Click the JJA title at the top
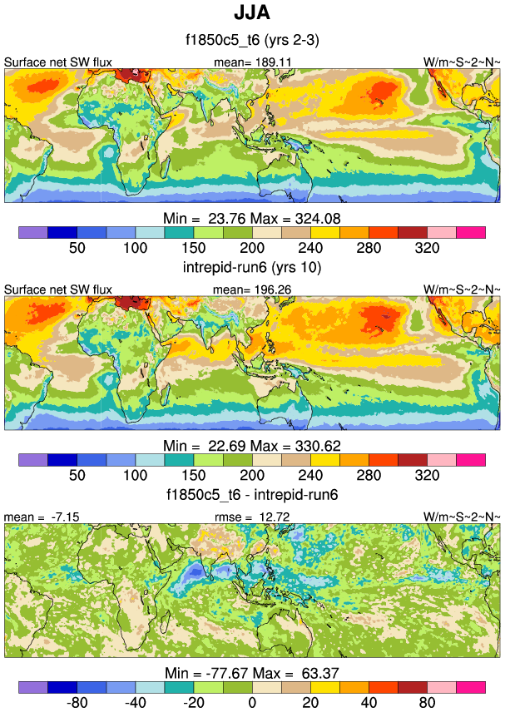point(252,14)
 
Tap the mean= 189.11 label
point(252,62)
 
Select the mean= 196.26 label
point(252,289)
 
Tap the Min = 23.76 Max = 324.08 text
point(252,218)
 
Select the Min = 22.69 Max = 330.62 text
point(252,445)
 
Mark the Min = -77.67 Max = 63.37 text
point(252,673)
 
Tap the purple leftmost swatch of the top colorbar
point(32,231)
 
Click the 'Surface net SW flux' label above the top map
point(58,62)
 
